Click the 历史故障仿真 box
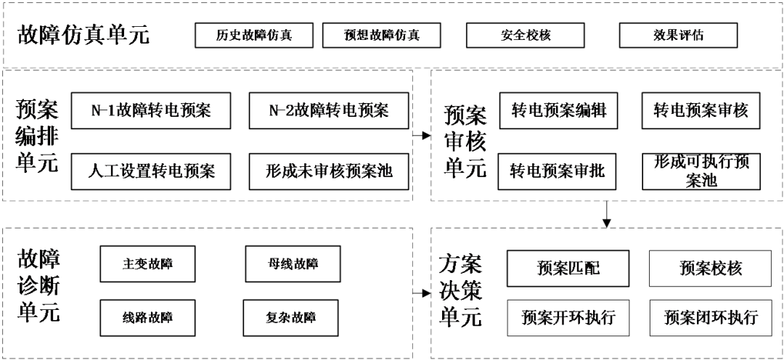[x=254, y=35]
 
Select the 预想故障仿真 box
[x=382, y=35]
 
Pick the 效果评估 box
[x=678, y=35]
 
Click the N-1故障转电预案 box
[x=150, y=111]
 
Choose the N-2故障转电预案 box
[x=329, y=111]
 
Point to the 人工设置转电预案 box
[x=150, y=171]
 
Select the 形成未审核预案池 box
[x=329, y=171]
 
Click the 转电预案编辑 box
[x=558, y=111]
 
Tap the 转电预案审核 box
[x=701, y=111]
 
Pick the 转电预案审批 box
[x=558, y=171]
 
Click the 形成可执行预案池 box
[x=701, y=171]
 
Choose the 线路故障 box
[x=147, y=317]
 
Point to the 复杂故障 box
[x=291, y=317]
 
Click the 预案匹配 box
[x=568, y=268]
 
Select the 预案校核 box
[x=711, y=268]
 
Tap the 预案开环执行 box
[x=568, y=317]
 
